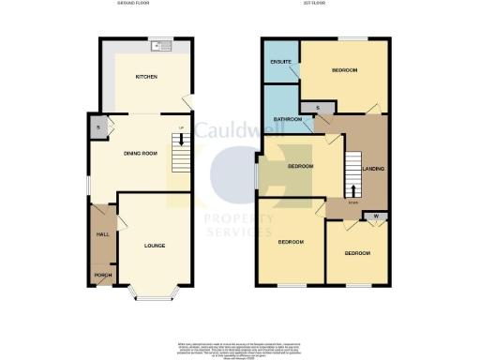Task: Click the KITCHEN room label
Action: (x=145, y=76)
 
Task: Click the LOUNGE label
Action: (x=155, y=246)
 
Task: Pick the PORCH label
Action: (x=102, y=275)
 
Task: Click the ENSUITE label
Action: (x=279, y=62)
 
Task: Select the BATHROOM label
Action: (x=287, y=119)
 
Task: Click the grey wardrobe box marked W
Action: (x=375, y=217)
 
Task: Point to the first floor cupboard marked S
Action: (x=318, y=110)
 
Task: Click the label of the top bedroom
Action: (x=344, y=70)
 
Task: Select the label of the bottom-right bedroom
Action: (x=356, y=253)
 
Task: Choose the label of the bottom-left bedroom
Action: (x=291, y=243)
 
